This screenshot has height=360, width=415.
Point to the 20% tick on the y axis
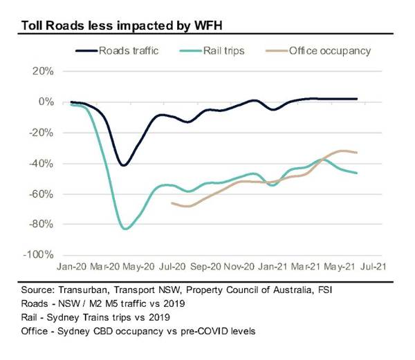tap(41, 72)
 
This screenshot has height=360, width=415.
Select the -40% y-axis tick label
tap(39, 164)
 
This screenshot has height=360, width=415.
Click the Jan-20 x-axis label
tap(71, 265)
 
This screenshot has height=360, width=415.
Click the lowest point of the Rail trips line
tap(124, 228)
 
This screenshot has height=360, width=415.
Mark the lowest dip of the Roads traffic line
tap(123, 165)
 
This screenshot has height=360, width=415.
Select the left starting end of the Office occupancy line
tap(172, 203)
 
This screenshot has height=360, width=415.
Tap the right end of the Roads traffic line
tap(357, 99)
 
